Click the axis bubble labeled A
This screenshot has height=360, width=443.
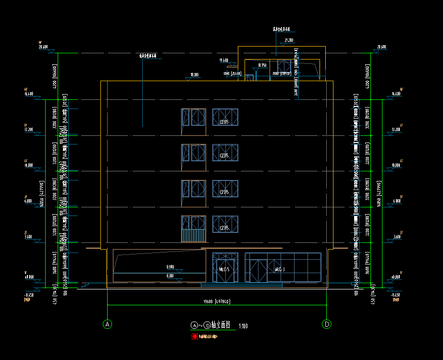pyautogui.click(x=107, y=324)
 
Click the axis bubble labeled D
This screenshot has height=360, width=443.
pyautogui.click(x=327, y=324)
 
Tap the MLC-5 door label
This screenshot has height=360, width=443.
pyautogui.click(x=224, y=269)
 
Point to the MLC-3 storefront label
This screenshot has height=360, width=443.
pyautogui.click(x=279, y=269)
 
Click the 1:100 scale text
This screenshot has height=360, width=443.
pyautogui.click(x=243, y=326)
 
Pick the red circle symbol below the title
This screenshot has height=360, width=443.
pyautogui.click(x=195, y=336)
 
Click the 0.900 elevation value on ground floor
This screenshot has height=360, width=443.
pyautogui.click(x=170, y=266)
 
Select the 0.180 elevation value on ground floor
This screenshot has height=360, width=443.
pyautogui.click(x=170, y=276)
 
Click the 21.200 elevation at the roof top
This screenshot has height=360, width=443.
pyautogui.click(x=289, y=40)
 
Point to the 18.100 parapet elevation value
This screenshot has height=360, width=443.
pyautogui.click(x=194, y=75)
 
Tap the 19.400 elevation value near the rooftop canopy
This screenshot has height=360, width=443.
pyautogui.click(x=223, y=60)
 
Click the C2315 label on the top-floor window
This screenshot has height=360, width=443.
pyautogui.click(x=223, y=122)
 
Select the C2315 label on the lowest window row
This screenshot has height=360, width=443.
pyautogui.click(x=223, y=228)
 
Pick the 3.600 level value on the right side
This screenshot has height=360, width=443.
pyautogui.click(x=396, y=237)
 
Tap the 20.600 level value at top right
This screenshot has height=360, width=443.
pyautogui.click(x=381, y=47)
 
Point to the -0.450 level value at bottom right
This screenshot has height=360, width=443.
pyautogui.click(x=395, y=295)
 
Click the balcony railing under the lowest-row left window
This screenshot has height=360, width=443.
pyautogui.click(x=193, y=236)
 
